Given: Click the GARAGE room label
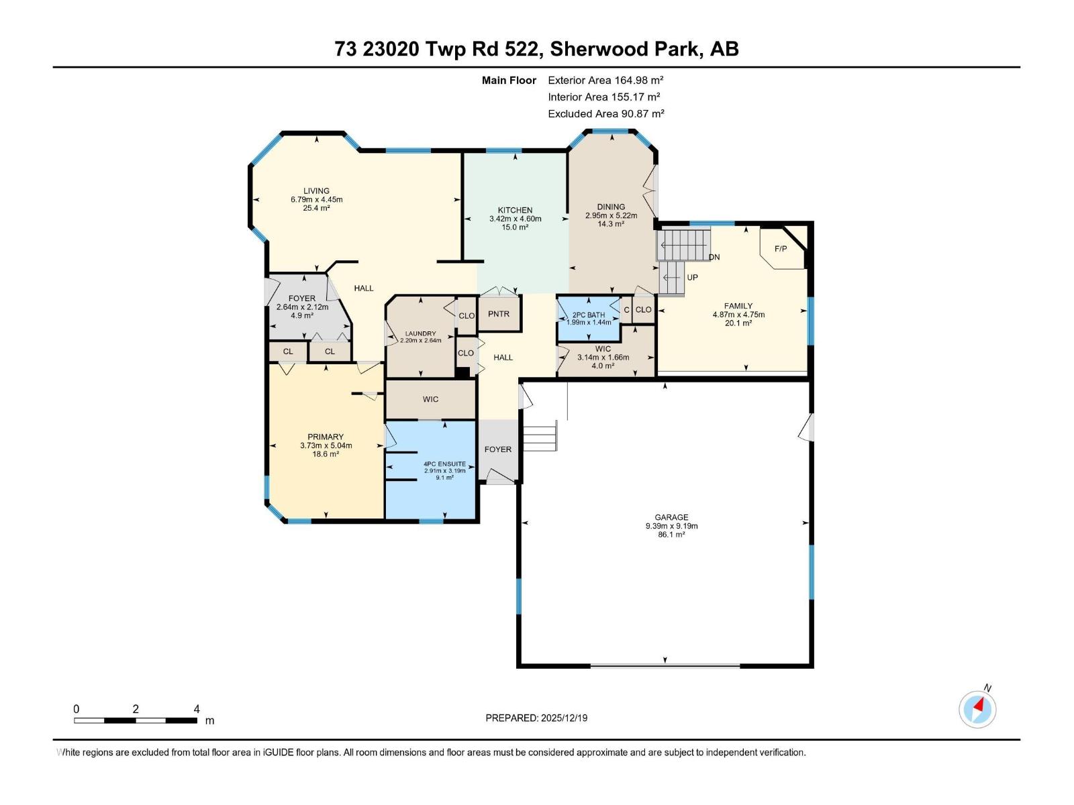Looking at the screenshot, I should click(x=671, y=517).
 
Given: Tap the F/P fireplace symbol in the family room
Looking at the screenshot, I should click(x=781, y=249).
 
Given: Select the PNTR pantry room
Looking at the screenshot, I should click(x=499, y=314).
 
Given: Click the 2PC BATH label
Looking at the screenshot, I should click(x=588, y=315).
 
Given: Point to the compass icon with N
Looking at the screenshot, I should click(x=977, y=709).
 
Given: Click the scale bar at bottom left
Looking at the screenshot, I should click(x=135, y=720).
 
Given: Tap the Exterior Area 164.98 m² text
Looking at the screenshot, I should click(x=605, y=80).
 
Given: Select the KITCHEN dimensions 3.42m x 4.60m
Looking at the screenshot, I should click(x=515, y=219).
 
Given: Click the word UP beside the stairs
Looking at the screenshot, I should click(x=692, y=277).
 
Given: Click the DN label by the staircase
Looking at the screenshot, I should click(x=714, y=257).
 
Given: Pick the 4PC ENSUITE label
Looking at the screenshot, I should click(x=444, y=464).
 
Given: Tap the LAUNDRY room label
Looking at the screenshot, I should click(x=420, y=333).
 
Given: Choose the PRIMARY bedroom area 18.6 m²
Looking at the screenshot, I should click(x=326, y=454).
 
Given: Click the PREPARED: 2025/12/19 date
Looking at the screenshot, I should click(x=536, y=718).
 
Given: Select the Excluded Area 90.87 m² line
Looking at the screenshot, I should click(x=605, y=114).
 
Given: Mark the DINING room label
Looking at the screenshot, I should click(x=611, y=207).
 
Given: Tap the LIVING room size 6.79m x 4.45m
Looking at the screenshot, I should click(x=316, y=199).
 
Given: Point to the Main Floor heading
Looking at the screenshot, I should click(x=509, y=80).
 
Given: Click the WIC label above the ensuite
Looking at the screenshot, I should click(x=430, y=399).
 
